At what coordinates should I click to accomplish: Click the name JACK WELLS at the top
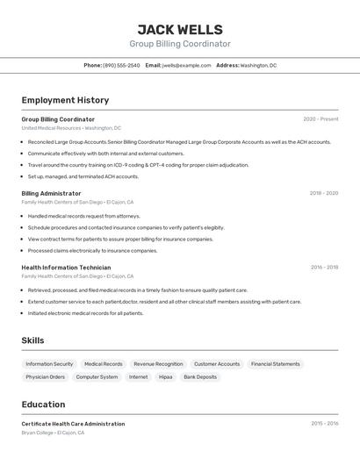tap(180, 29)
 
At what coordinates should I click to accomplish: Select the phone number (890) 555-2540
tap(121, 65)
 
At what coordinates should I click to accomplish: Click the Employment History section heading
tap(65, 100)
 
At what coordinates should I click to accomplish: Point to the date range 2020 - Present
tap(320, 119)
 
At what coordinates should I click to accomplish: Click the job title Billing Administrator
tap(51, 193)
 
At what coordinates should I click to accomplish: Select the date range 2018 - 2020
tap(324, 193)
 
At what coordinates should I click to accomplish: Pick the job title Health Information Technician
tap(66, 268)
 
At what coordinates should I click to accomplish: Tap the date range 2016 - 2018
tap(324, 268)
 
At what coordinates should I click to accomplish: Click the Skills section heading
tap(32, 340)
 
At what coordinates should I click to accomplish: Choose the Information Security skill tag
tap(49, 364)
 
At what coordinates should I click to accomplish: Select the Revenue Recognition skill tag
tap(158, 364)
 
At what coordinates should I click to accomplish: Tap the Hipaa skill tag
tap(165, 377)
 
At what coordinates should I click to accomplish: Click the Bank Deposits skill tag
tap(200, 377)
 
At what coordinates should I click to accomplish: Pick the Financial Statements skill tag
tap(275, 364)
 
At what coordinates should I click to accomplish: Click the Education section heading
tap(43, 404)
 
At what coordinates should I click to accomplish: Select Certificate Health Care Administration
tap(73, 424)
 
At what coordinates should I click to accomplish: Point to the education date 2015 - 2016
tap(324, 424)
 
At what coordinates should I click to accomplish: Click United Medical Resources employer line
tap(71, 128)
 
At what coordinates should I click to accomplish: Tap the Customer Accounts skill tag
tap(217, 364)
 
